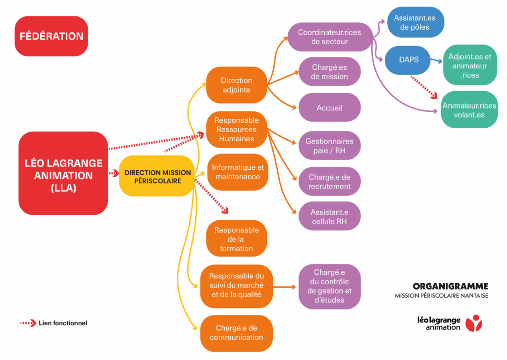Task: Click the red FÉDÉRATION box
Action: pyautogui.click(x=51, y=36)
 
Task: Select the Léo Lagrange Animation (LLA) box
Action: pyautogui.click(x=63, y=173)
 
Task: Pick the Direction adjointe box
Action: pyautogui.click(x=237, y=85)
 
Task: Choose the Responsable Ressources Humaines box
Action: pyautogui.click(x=237, y=130)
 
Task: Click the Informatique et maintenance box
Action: pyautogui.click(x=238, y=172)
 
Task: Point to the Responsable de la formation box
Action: pyautogui.click(x=237, y=239)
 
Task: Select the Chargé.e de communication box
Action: pyautogui.click(x=237, y=333)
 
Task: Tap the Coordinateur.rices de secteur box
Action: pyautogui.click(x=329, y=37)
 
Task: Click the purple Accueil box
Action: pyautogui.click(x=329, y=107)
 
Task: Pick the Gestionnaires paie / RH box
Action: pyautogui.click(x=329, y=146)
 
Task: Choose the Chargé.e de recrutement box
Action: pyautogui.click(x=329, y=182)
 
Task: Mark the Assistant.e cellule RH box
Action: pyautogui.click(x=329, y=216)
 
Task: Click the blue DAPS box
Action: pyautogui.click(x=408, y=59)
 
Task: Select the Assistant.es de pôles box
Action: pyautogui.click(x=415, y=22)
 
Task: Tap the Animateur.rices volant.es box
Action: pyautogui.click(x=469, y=110)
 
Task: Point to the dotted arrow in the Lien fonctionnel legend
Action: pyautogui.click(x=29, y=323)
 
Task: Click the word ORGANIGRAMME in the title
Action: pyautogui.click(x=450, y=286)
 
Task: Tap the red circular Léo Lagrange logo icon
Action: pyautogui.click(x=476, y=323)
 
